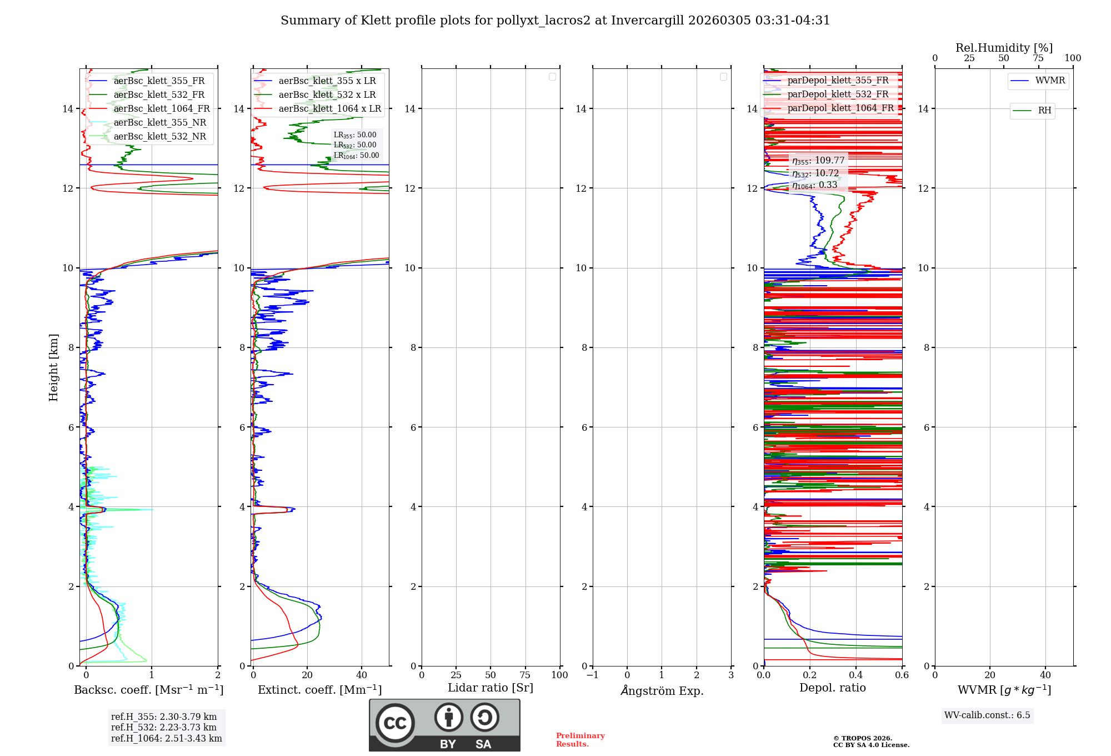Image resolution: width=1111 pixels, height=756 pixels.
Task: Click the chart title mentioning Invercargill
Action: point(555,21)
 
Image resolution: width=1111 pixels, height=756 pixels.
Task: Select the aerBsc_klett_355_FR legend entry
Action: point(159,81)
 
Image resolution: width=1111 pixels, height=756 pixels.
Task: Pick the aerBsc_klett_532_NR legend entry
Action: point(159,136)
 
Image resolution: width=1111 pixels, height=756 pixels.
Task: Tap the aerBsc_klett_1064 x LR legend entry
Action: point(329,108)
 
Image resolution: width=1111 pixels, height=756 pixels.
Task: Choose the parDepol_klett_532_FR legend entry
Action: point(838,94)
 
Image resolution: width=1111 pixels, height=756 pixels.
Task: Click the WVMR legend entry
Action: point(1050,81)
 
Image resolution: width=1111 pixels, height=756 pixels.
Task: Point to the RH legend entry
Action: point(1044,111)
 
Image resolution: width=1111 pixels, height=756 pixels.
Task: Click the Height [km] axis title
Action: point(53,367)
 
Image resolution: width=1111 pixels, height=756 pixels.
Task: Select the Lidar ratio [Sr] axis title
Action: point(491,688)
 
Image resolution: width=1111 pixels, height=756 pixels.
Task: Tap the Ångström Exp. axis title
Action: point(662,690)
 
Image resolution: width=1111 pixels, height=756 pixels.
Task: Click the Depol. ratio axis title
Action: point(832,688)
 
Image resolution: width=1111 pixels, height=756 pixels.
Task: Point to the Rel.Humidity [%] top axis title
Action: point(1004,48)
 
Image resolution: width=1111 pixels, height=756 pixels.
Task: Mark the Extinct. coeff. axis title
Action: point(319,690)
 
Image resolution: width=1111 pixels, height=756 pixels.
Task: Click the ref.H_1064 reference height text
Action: point(166,738)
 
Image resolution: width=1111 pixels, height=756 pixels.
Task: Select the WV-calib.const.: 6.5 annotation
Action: point(987,715)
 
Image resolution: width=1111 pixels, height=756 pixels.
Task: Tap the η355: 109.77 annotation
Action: point(818,161)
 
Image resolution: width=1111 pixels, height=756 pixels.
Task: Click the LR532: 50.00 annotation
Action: point(355,145)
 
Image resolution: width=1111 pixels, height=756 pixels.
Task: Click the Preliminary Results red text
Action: point(580,739)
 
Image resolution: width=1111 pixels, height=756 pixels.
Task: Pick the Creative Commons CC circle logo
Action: point(395,723)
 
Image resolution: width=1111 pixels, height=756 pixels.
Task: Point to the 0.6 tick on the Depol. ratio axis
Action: point(902,675)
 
